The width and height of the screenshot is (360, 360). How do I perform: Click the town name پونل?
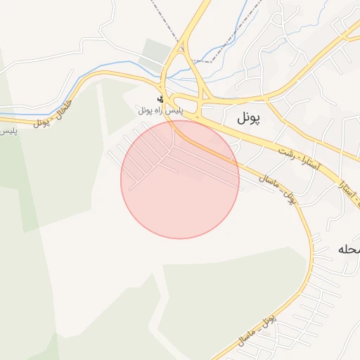coord(248,119)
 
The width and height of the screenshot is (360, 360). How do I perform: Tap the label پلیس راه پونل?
coord(160,110)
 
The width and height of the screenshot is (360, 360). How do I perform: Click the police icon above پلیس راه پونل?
coord(161,99)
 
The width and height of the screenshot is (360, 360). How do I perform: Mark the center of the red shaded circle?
coord(180,179)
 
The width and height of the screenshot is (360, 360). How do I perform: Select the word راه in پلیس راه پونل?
coord(160,110)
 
